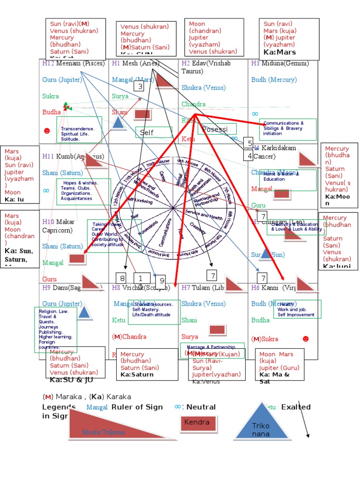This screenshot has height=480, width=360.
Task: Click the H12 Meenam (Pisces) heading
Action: pyautogui.click(x=73, y=63)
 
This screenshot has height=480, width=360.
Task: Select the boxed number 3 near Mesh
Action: pyautogui.click(x=139, y=86)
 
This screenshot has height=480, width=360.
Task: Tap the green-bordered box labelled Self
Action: pyautogui.click(x=154, y=133)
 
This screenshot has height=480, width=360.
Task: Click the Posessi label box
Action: pyautogui.click(x=217, y=129)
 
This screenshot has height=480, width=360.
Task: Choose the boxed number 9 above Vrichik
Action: pyautogui.click(x=161, y=281)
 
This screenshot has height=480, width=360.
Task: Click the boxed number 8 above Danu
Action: pyautogui.click(x=122, y=277)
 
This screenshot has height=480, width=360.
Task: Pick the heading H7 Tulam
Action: pyautogui.click(x=202, y=287)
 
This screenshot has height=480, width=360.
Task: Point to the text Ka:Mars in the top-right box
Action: pyautogui.click(x=280, y=52)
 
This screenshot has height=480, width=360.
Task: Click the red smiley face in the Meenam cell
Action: pyautogui.click(x=46, y=130)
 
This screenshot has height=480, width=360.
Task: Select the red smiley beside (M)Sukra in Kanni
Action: pyautogui.click(x=306, y=338)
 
